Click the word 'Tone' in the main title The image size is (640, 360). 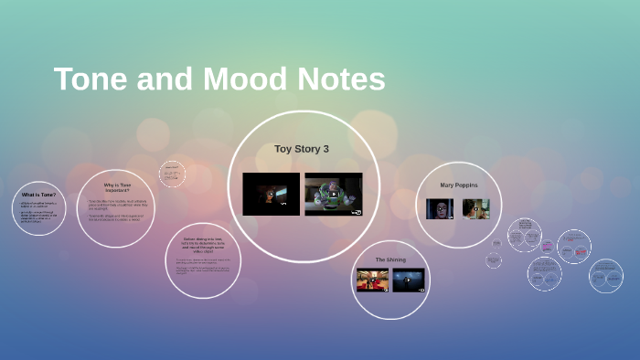point(91,79)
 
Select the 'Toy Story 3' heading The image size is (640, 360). point(301,148)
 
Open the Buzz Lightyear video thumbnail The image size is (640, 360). point(333,194)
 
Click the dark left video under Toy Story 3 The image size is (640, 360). point(271,194)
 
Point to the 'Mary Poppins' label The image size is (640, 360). point(458,185)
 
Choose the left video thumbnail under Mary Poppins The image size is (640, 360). point(440,209)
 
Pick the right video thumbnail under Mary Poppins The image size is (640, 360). point(475,209)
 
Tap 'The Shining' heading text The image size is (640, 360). point(390,259)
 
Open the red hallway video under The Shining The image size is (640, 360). point(372,280)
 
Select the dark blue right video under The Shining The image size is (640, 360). point(408,280)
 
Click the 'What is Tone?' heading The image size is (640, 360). point(38,195)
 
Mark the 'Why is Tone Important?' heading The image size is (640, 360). point(117,187)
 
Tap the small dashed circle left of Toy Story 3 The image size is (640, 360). point(172,174)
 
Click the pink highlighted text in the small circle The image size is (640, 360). point(547,246)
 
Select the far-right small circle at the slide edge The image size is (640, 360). point(605,275)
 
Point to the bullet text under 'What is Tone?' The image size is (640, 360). point(38,216)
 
